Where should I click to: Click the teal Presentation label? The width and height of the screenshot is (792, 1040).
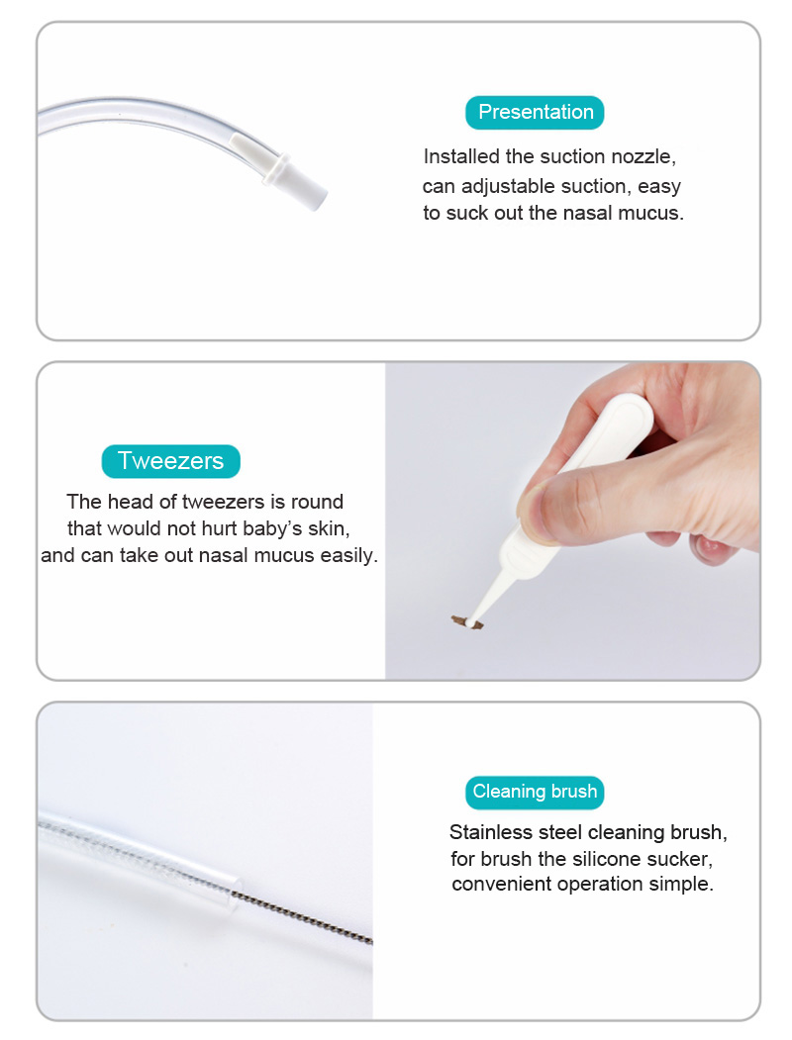535,112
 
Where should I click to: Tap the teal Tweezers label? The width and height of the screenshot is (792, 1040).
170,461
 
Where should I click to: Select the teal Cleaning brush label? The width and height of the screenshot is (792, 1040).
535,792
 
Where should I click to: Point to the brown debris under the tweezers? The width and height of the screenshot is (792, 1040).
467,622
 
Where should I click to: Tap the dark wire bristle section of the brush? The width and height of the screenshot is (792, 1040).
304,916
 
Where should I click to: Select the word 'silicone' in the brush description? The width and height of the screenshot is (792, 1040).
607,859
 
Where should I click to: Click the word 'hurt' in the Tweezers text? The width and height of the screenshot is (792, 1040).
219,528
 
